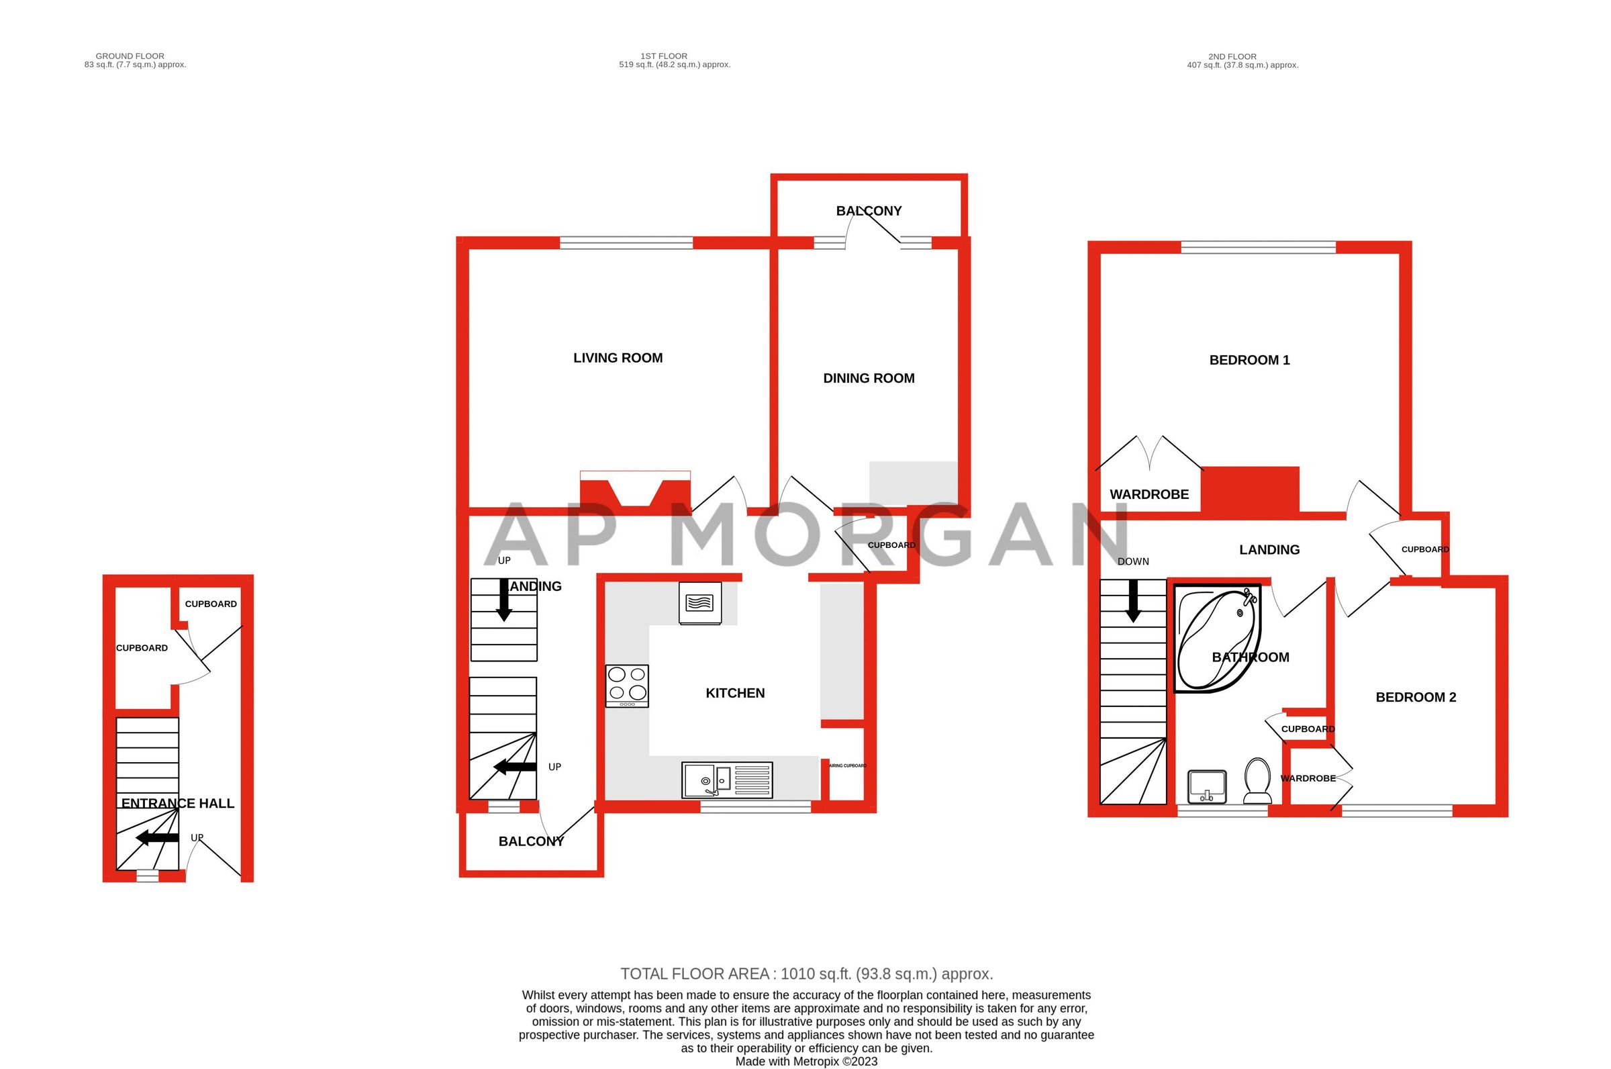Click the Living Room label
point(618,358)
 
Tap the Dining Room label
point(868,378)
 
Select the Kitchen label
point(734,694)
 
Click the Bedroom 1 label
point(1249,360)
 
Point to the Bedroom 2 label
point(1416,698)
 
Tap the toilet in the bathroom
point(1257,782)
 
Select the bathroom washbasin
point(1207,787)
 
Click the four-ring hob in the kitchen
point(627,685)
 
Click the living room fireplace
point(634,491)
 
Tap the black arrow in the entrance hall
point(157,838)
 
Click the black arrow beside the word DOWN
point(1133,600)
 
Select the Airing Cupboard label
point(847,765)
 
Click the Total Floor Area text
point(806,974)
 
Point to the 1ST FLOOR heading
point(664,56)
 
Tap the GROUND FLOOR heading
point(130,56)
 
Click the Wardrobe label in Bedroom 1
point(1149,494)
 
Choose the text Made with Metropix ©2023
point(806,1062)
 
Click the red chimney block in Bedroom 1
point(1250,489)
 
